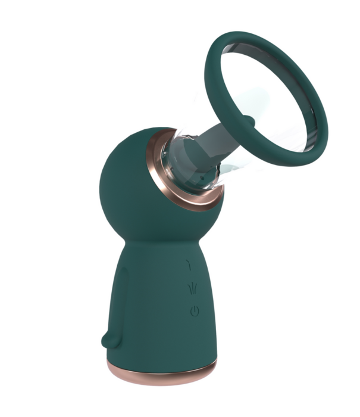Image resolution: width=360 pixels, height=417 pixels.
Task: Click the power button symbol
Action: [x=194, y=310]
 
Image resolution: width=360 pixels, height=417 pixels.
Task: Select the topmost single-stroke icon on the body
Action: [x=190, y=266]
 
